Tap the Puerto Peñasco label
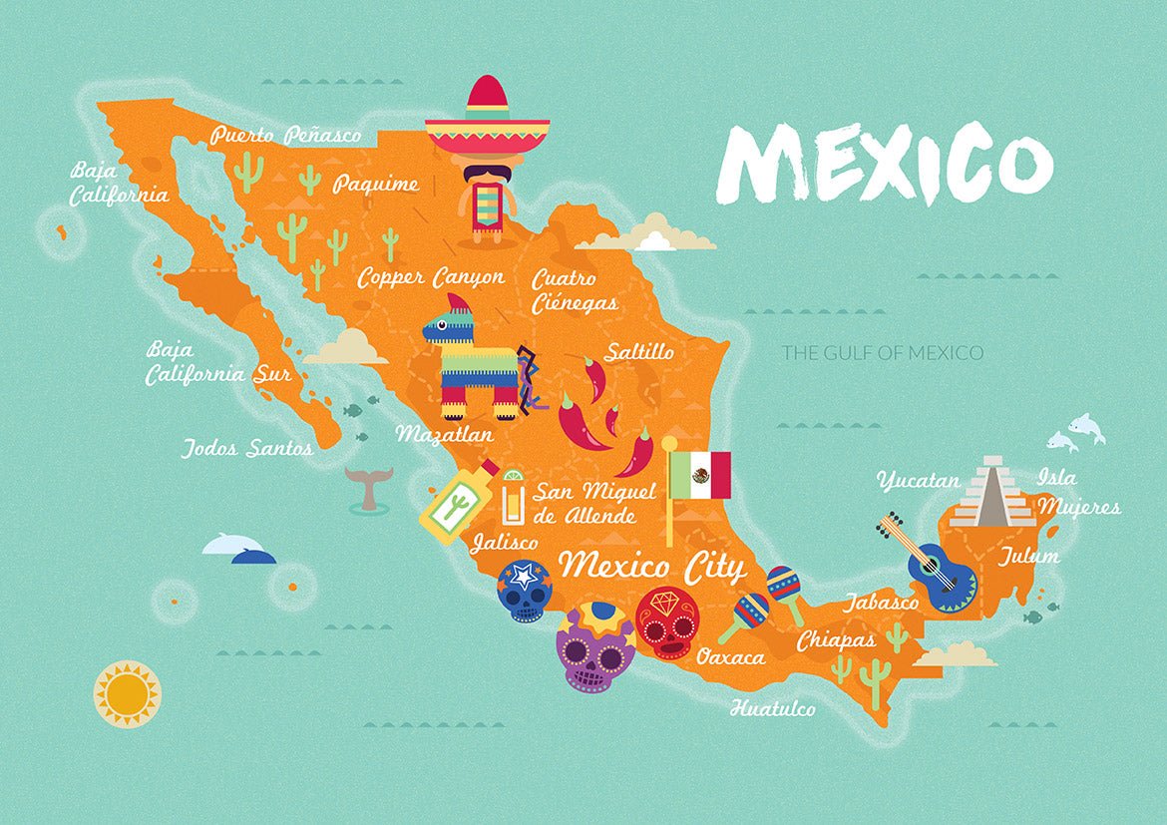click(x=285, y=135)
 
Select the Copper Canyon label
click(x=431, y=277)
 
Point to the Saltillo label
click(x=638, y=352)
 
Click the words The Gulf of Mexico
click(x=882, y=352)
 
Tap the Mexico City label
click(x=651, y=567)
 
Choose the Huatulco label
click(x=772, y=709)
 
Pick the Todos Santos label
click(x=247, y=449)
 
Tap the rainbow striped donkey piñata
click(x=475, y=359)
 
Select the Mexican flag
click(x=699, y=475)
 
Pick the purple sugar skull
click(x=595, y=648)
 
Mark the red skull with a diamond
click(x=666, y=622)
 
